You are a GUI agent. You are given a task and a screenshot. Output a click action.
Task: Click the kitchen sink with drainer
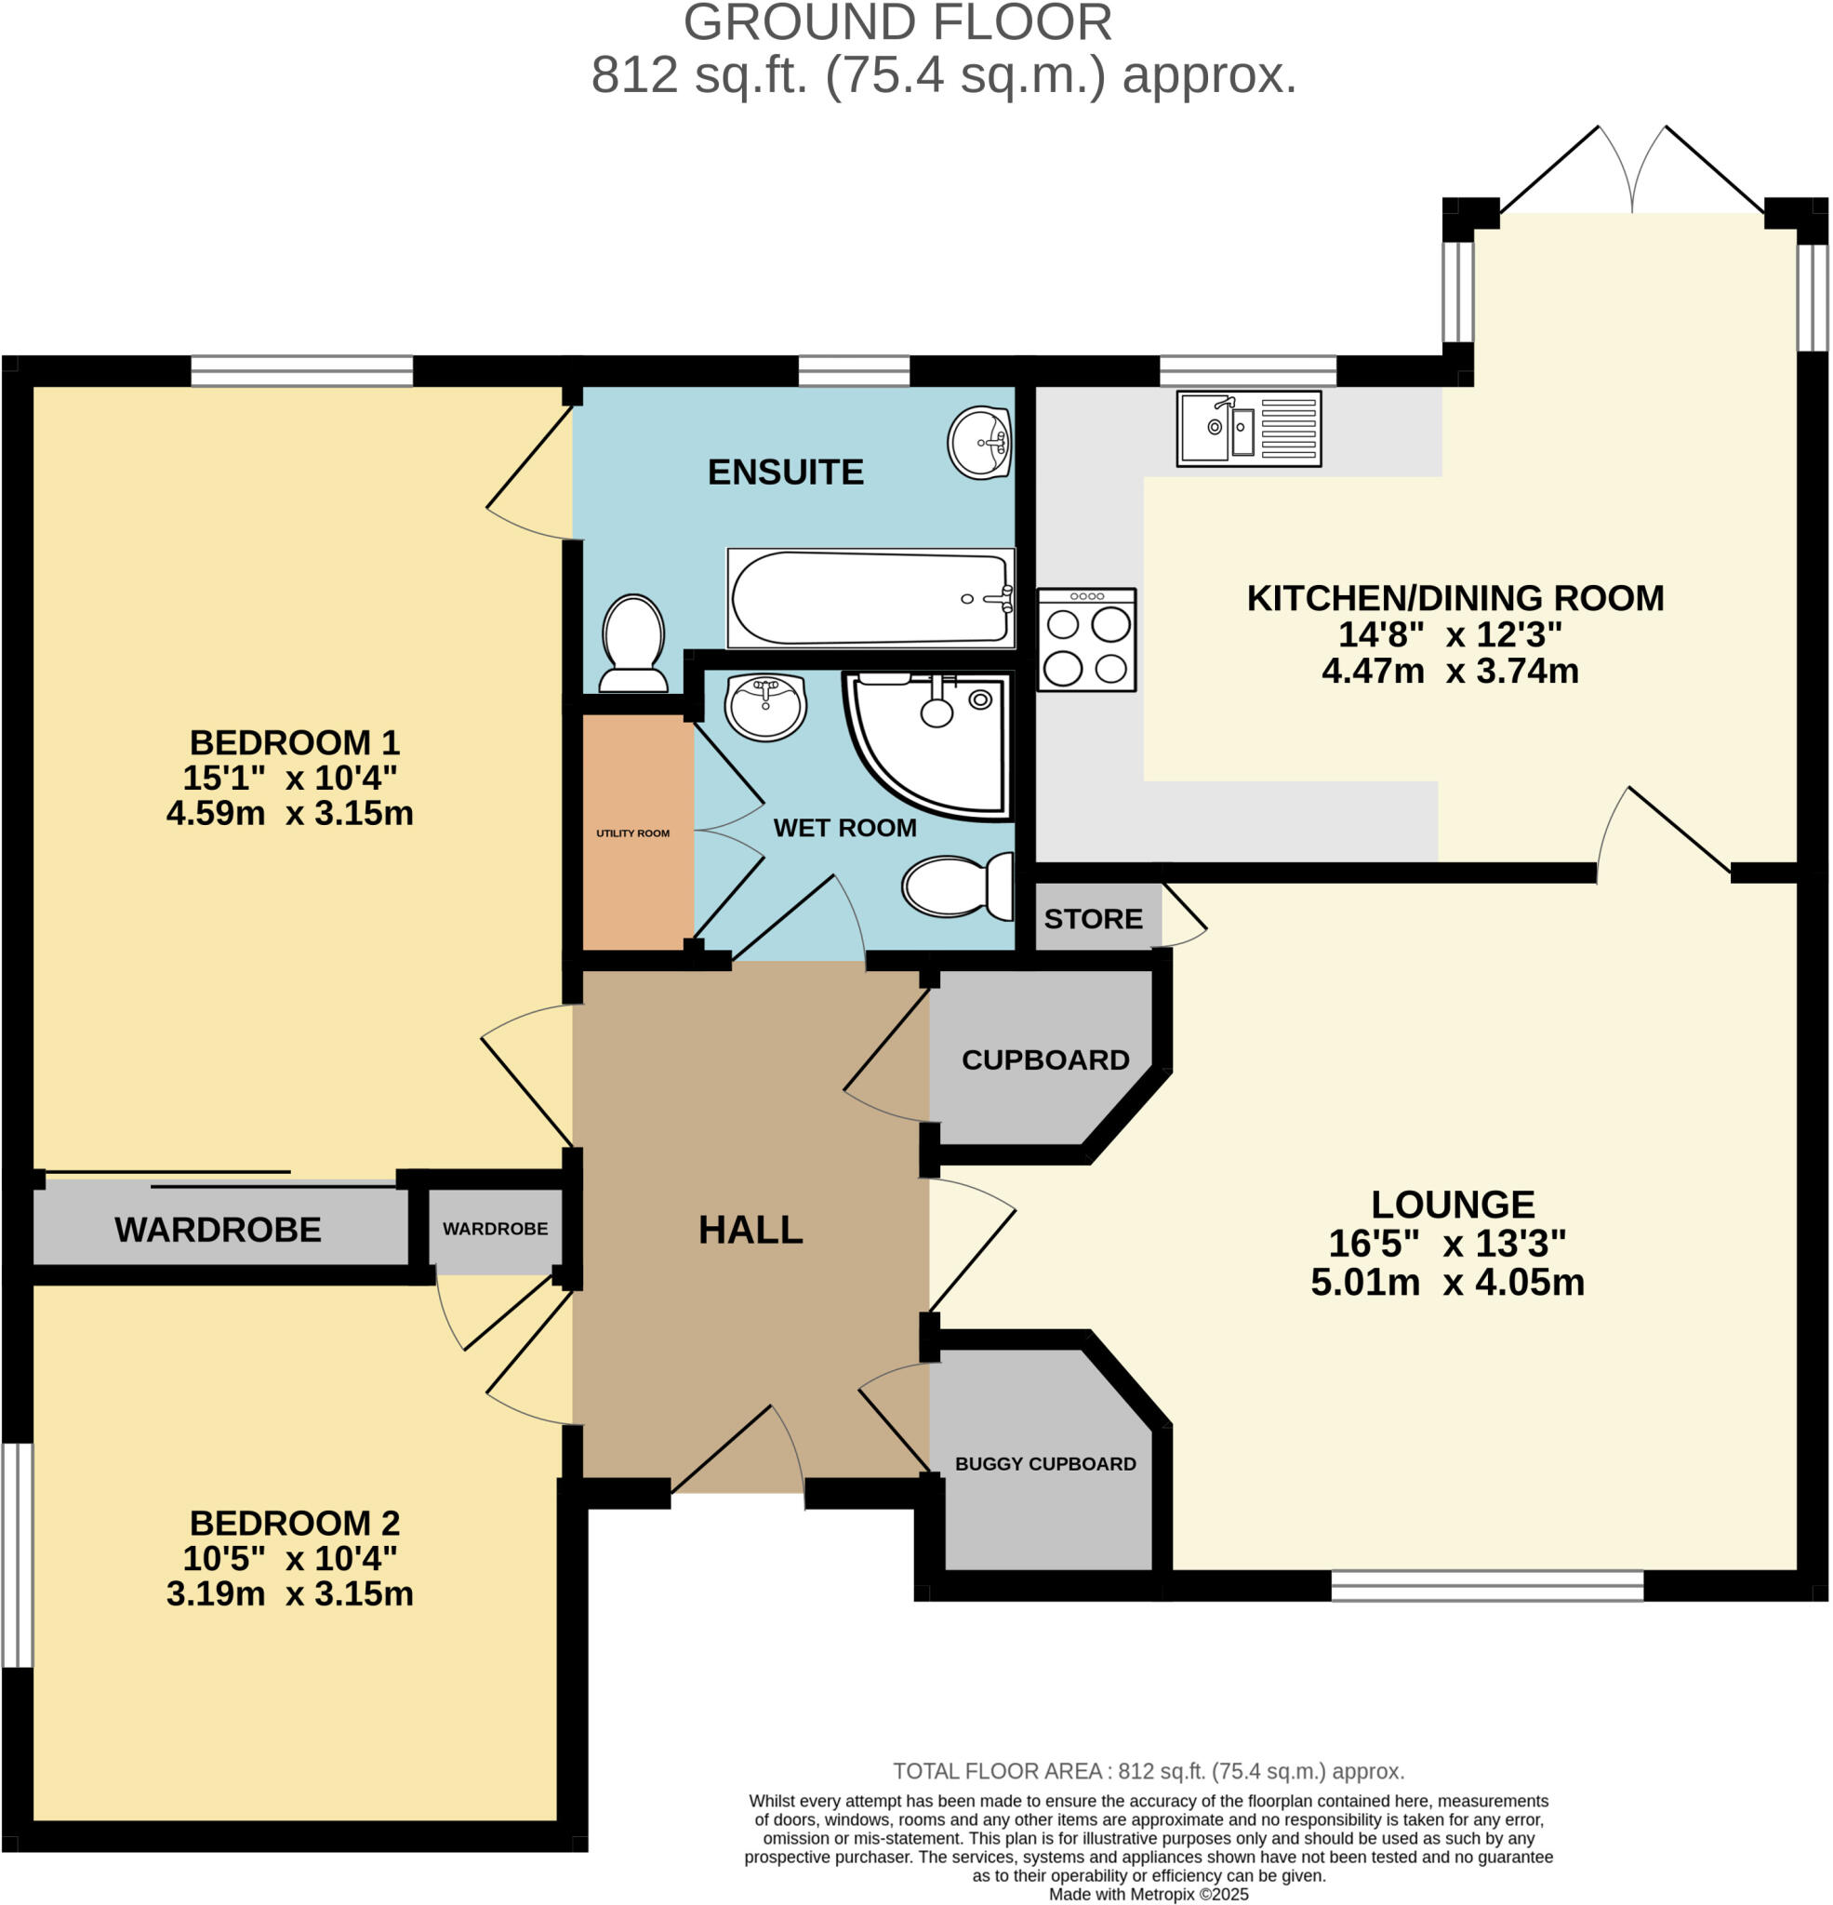click(1248, 429)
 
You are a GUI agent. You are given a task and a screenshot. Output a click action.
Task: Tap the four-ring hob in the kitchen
click(1086, 640)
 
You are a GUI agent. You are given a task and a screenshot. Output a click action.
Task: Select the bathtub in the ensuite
click(870, 598)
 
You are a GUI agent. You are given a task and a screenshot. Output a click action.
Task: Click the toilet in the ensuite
click(632, 644)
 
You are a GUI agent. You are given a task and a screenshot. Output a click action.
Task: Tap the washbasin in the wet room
click(766, 706)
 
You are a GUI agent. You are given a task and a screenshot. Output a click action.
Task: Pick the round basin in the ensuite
click(979, 443)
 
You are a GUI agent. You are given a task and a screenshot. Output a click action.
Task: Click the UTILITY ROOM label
click(632, 833)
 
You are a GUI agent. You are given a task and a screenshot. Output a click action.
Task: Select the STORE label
click(1094, 918)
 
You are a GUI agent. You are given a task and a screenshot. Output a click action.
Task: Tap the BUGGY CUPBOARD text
click(1044, 1464)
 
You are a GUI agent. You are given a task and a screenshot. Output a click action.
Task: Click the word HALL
click(750, 1231)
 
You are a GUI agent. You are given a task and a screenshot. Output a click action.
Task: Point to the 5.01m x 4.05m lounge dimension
click(1447, 1283)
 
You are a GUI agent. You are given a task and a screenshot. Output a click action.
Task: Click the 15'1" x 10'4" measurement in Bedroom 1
click(289, 778)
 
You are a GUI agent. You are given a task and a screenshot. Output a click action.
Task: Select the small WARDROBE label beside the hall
click(495, 1229)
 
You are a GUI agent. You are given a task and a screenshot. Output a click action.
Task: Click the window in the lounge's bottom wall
click(1486, 1585)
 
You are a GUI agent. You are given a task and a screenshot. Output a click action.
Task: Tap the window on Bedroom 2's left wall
click(17, 1555)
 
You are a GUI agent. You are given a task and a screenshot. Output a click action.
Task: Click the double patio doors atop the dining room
click(1632, 175)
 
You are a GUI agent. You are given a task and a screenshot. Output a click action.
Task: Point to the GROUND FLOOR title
click(897, 23)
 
